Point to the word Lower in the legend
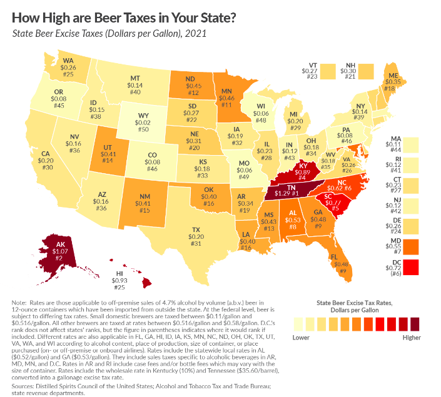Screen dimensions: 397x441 (x=301, y=336)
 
